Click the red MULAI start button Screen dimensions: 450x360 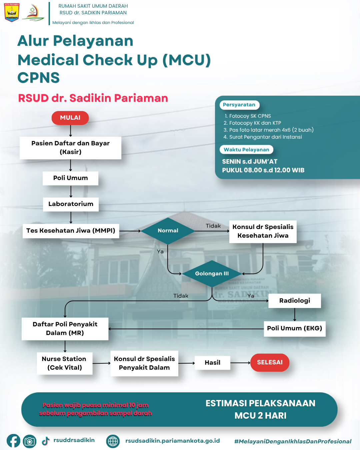pos(70,118)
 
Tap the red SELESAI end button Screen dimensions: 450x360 pos(270,362)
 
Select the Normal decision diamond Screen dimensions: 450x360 pos(168,231)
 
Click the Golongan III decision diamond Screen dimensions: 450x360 pos(212,274)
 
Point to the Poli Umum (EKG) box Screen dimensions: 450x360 pos(294,328)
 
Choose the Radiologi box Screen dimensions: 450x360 pos(295,301)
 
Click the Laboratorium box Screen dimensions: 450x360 pos(71,204)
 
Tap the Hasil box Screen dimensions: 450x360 pos(213,363)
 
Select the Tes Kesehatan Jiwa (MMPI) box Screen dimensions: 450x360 pos(71,231)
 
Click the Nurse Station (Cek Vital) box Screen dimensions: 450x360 pos(64,363)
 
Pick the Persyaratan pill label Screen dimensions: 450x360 pos(239,105)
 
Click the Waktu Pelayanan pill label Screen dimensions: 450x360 pos(246,150)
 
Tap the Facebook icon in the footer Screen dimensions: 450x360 pos(13,441)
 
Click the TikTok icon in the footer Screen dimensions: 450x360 pos(46,441)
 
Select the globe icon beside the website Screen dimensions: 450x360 pos(113,441)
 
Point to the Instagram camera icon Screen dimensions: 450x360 pos(30,441)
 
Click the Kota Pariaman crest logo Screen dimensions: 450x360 pos(12,13)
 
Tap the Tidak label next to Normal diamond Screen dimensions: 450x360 pos(213,226)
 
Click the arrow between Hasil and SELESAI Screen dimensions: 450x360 pos(240,363)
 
